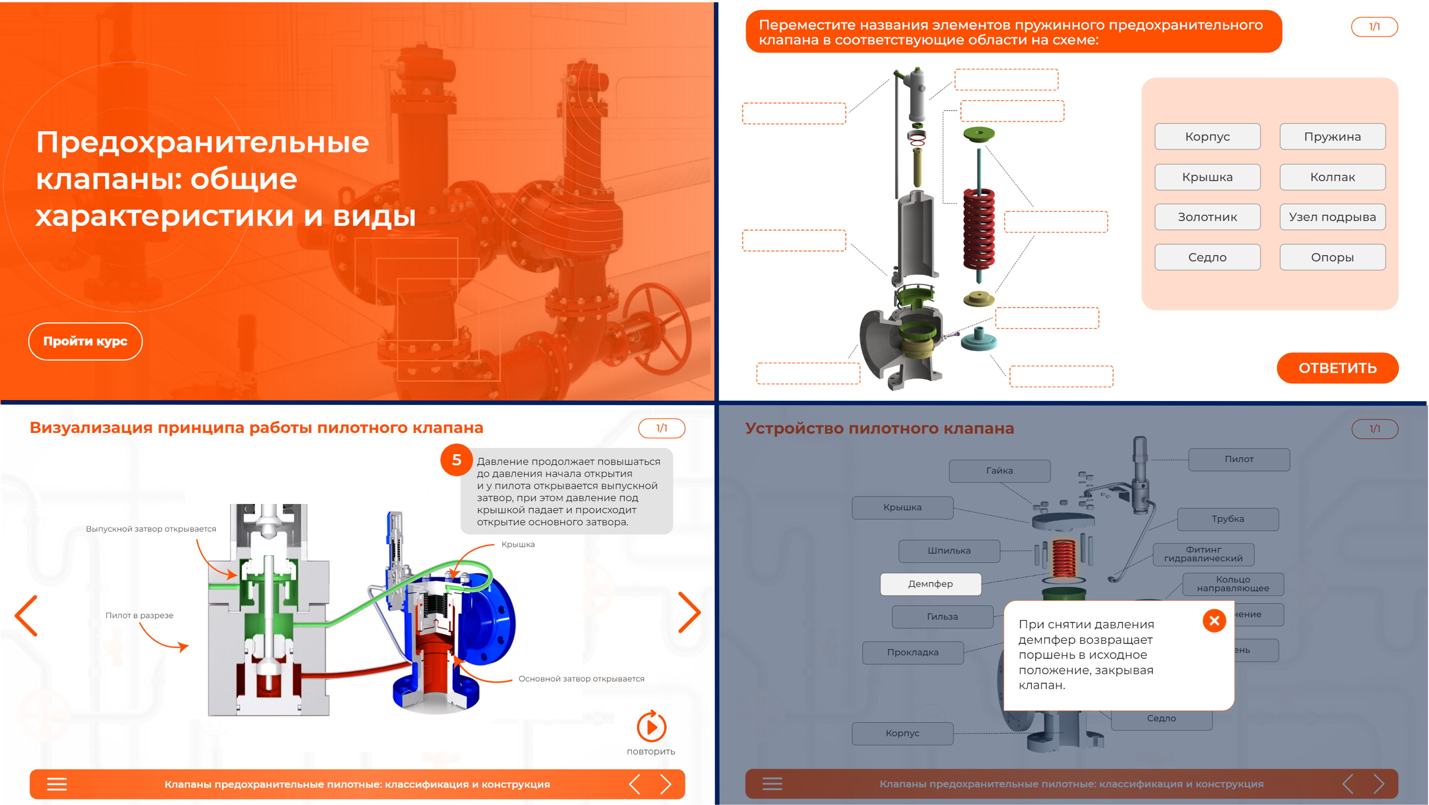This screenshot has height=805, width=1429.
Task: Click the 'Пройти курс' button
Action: tap(85, 341)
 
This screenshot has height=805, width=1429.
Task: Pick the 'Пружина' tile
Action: tap(1333, 136)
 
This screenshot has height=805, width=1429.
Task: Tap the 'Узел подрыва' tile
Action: tap(1333, 217)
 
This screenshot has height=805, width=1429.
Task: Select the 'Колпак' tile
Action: tap(1333, 177)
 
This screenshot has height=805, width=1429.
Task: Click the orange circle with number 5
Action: tap(456, 459)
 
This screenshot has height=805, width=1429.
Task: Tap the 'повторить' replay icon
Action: tap(651, 727)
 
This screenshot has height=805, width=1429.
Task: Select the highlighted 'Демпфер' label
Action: tap(930, 584)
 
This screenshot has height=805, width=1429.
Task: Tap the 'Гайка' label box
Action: tap(999, 471)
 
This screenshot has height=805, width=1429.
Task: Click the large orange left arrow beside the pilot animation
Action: tap(26, 615)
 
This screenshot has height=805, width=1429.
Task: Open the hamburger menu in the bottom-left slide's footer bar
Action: tap(56, 784)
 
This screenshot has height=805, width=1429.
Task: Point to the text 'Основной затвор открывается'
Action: tap(581, 678)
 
